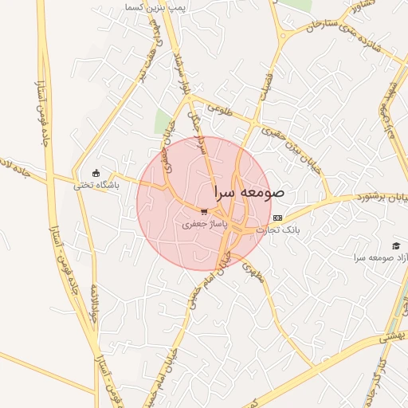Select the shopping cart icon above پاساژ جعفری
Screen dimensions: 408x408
click(205, 212)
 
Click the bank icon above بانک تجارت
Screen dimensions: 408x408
click(277, 218)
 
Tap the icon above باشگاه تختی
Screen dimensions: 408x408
click(96, 173)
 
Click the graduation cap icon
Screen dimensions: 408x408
click(396, 245)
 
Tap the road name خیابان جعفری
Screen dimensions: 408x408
click(167, 143)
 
